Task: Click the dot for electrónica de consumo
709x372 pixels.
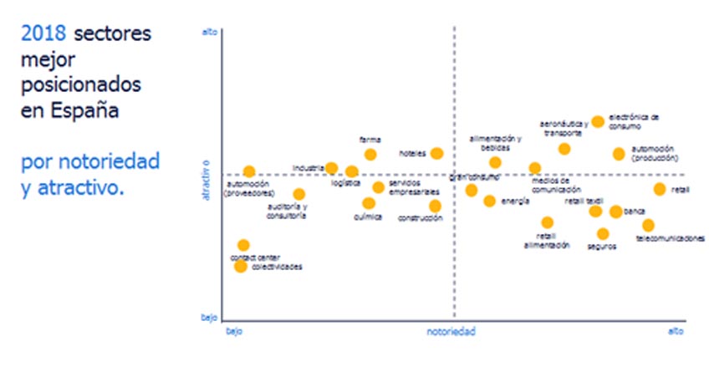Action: [598, 121]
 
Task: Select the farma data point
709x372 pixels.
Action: [370, 154]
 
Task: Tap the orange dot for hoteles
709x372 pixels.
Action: [436, 153]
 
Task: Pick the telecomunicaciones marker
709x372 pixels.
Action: [648, 225]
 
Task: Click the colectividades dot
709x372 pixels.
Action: [240, 266]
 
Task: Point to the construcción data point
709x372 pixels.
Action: [435, 206]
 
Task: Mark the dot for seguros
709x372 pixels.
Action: [603, 234]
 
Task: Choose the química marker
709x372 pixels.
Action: [369, 203]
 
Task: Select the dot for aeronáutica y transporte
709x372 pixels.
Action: [564, 149]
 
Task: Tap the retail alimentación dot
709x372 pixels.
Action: [547, 222]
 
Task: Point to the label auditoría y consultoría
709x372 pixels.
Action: [288, 211]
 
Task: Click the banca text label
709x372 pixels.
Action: [635, 211]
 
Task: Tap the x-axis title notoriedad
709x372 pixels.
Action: [451, 333]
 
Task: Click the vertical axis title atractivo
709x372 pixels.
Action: [205, 179]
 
